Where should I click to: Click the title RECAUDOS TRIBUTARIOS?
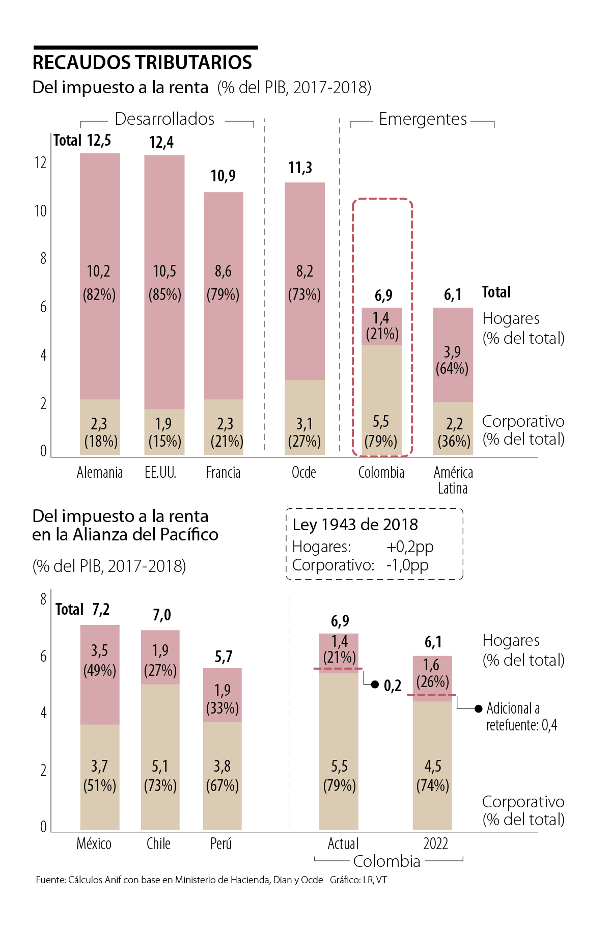coord(142,63)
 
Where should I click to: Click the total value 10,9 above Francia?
coord(223,176)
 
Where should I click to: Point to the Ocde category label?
coord(303,473)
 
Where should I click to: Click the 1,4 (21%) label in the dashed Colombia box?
coord(381,326)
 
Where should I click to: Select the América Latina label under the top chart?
coord(453,480)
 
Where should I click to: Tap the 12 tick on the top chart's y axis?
coord(40,163)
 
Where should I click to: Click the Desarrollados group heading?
coord(164,119)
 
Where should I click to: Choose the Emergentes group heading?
coord(423,119)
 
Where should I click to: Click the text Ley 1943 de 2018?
coord(355,525)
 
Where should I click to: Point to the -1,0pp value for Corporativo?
coord(407,565)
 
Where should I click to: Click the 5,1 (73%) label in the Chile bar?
coord(160,775)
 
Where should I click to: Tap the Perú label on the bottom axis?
coord(221,844)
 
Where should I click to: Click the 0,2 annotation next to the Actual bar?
coord(392,686)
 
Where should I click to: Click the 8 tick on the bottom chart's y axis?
coord(43,599)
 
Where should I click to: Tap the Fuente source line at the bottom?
coord(179,880)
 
